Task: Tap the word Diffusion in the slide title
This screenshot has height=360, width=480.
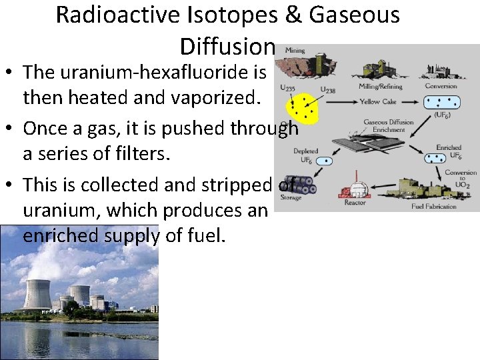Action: [227, 46]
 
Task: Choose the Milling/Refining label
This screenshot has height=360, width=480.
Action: [380, 85]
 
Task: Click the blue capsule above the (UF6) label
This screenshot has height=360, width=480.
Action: [443, 102]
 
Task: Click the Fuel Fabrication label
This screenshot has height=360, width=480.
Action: [433, 206]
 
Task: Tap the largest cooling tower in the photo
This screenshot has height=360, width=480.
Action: [37, 293]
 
